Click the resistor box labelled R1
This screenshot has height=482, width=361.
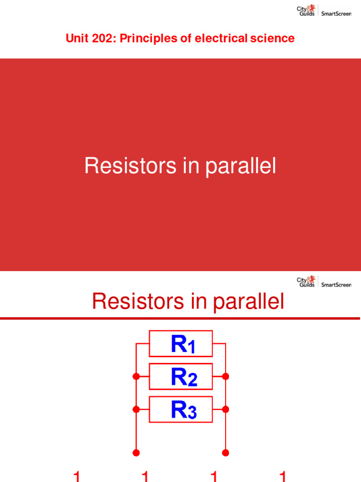pyautogui.click(x=181, y=344)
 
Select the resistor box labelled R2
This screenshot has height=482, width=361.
pyautogui.click(x=181, y=377)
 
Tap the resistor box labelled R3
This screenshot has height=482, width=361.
pyautogui.click(x=181, y=410)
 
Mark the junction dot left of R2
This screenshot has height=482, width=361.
pyautogui.click(x=136, y=377)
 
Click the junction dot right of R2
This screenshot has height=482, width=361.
pyautogui.click(x=226, y=377)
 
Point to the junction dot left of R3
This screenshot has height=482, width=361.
pyautogui.click(x=136, y=410)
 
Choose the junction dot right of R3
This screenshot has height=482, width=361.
pyautogui.click(x=226, y=410)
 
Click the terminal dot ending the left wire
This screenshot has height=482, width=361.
pyautogui.click(x=136, y=453)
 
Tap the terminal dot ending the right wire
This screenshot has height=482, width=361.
pyautogui.click(x=226, y=453)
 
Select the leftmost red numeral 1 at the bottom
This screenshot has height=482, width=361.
pyautogui.click(x=77, y=476)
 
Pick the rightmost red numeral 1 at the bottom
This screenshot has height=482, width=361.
pyautogui.click(x=283, y=476)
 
